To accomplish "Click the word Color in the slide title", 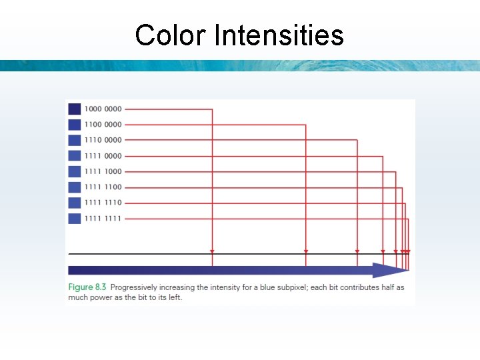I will click(x=171, y=35).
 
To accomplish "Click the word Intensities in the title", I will click(x=279, y=35).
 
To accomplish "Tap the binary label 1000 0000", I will click(x=103, y=109).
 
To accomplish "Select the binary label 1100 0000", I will click(x=103, y=125).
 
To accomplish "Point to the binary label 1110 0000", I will click(x=103, y=140).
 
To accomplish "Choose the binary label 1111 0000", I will click(x=103, y=156).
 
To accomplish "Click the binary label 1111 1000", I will click(x=103, y=172).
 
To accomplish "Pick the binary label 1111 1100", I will click(x=103, y=187).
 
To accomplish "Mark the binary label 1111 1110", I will click(x=103, y=203).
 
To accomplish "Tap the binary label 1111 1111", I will click(x=103, y=219).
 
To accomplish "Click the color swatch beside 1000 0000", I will click(x=74, y=109).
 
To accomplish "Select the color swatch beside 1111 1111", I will click(x=74, y=219).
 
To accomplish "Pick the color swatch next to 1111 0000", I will click(x=74, y=156).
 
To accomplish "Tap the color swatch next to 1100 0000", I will click(x=74, y=125).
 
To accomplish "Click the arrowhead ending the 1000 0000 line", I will click(x=212, y=252).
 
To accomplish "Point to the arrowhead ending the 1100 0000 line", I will click(x=306, y=252).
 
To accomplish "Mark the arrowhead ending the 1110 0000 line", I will click(x=357, y=252).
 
